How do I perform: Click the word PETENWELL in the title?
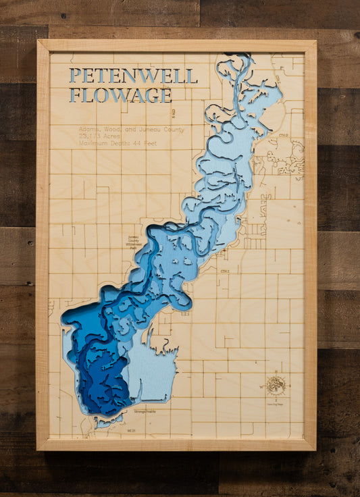[133, 76]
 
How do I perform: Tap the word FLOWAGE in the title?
[120, 95]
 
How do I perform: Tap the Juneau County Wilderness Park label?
[136, 243]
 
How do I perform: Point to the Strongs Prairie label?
[145, 411]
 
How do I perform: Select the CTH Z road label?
[225, 271]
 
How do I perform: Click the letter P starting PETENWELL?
[74, 76]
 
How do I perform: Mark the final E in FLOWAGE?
[165, 95]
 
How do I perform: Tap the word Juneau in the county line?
[139, 128]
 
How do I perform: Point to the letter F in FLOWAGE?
[74, 95]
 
